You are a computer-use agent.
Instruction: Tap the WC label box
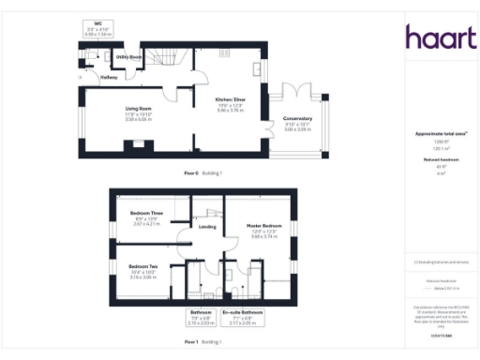coord(97,28)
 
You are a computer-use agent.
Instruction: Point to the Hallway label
coord(97,77)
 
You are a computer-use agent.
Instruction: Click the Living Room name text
coord(139,109)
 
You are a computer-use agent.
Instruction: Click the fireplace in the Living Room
coord(139,143)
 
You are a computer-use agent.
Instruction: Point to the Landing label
coord(209,226)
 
